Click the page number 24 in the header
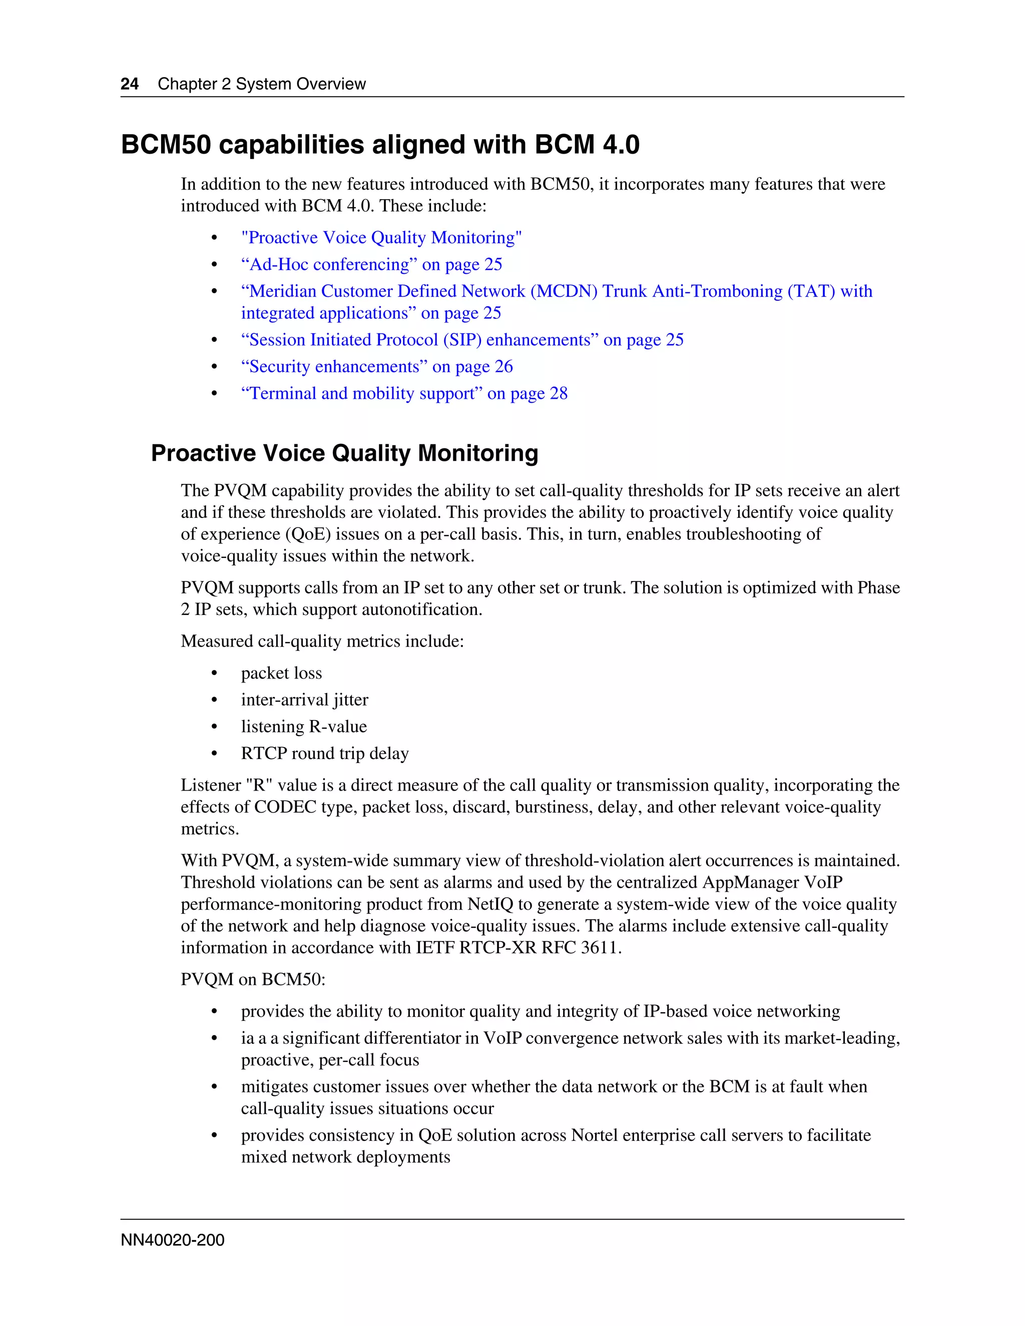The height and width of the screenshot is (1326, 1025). pyautogui.click(x=129, y=84)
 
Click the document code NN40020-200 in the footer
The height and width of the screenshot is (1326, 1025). pyautogui.click(x=173, y=1240)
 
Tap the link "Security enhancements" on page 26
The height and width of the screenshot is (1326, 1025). pyautogui.click(x=376, y=367)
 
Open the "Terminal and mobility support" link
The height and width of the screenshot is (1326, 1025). pyautogui.click(x=404, y=393)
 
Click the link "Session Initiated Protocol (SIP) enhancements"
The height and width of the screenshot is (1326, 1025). pyautogui.click(x=461, y=340)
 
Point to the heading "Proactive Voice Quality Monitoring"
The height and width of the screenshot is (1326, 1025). pyautogui.click(x=344, y=453)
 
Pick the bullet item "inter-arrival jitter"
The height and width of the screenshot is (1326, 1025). pyautogui.click(x=304, y=700)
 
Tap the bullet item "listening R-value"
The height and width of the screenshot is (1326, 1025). pyautogui.click(x=304, y=727)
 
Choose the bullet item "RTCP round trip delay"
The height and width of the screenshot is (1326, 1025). pyautogui.click(x=325, y=754)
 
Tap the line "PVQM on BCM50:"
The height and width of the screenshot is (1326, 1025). pyautogui.click(x=253, y=979)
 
